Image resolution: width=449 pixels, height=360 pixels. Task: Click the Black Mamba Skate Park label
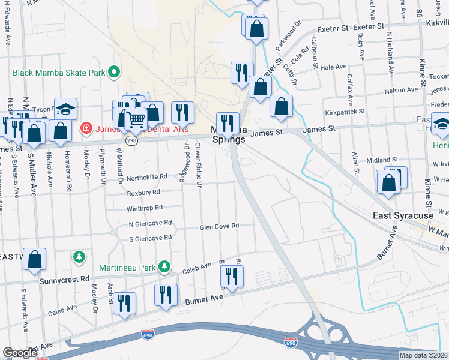[x=58, y=73]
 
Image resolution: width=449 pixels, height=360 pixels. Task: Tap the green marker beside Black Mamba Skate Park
[x=112, y=73]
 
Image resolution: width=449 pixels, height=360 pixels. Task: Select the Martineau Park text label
[x=127, y=267]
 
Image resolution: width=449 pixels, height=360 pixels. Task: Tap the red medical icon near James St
[x=86, y=128]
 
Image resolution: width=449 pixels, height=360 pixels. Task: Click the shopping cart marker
[x=136, y=120]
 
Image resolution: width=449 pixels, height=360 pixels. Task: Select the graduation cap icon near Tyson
[x=65, y=109]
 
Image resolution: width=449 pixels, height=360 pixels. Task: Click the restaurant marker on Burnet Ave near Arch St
[x=124, y=303]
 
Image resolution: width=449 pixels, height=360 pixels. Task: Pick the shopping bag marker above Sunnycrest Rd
[x=35, y=259]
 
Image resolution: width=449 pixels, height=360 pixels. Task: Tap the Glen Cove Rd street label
[x=219, y=226]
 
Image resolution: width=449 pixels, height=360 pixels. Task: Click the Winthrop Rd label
[x=145, y=208]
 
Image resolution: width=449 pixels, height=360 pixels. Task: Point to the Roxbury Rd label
[x=143, y=193]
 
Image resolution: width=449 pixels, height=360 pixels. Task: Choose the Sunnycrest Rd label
[x=64, y=280]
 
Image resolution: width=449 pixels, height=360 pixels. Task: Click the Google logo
[x=19, y=353]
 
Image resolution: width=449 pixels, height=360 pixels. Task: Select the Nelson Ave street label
[x=402, y=90]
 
